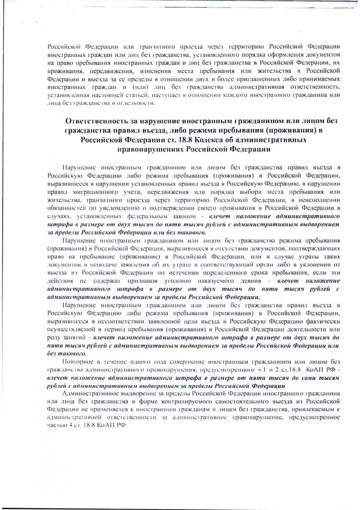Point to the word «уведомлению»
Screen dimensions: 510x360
pyautogui.click(x=114, y=209)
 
